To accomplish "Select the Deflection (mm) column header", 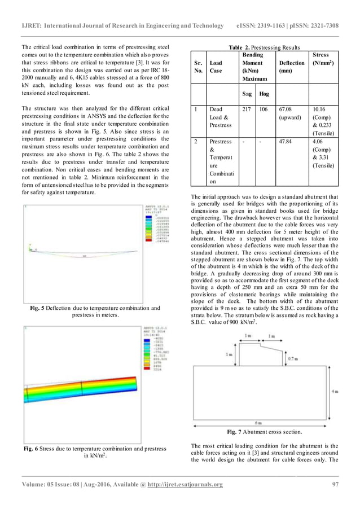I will coord(291,67).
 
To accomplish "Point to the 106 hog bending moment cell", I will coord(263,109).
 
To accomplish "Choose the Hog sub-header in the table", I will coord(264,94).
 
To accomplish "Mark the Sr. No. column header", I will coord(197,67).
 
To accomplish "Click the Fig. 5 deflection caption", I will coord(96,311).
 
